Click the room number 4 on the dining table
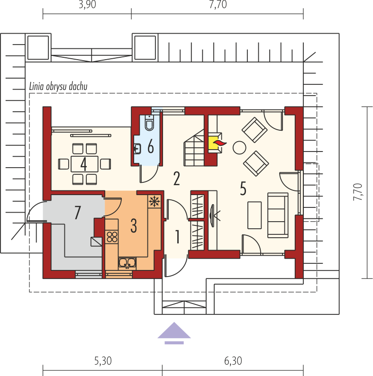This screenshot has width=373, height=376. (x=83, y=164)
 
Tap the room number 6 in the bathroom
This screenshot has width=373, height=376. (x=151, y=146)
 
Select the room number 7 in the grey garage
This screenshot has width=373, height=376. (x=77, y=213)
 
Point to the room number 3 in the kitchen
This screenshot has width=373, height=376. (x=134, y=226)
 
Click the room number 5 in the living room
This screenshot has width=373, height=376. (x=243, y=188)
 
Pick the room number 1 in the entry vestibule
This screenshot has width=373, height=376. (x=178, y=237)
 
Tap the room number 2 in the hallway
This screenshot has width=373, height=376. (x=177, y=179)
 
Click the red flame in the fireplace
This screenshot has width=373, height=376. (x=220, y=143)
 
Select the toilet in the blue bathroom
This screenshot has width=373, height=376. (x=149, y=123)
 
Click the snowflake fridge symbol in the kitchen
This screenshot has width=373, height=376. (x=155, y=201)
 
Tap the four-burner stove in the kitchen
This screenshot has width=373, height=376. (x=112, y=236)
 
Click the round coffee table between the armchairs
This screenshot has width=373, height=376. (x=239, y=147)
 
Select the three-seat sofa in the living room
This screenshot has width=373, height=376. (x=278, y=215)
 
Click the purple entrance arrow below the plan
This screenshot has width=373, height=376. (x=174, y=333)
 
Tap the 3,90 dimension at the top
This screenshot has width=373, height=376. (x=87, y=5)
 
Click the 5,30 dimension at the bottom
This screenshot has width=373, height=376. (x=103, y=361)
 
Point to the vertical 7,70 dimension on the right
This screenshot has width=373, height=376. (x=358, y=192)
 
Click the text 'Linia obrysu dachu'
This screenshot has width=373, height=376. (x=58, y=87)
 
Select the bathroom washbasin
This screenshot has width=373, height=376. (x=137, y=149)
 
